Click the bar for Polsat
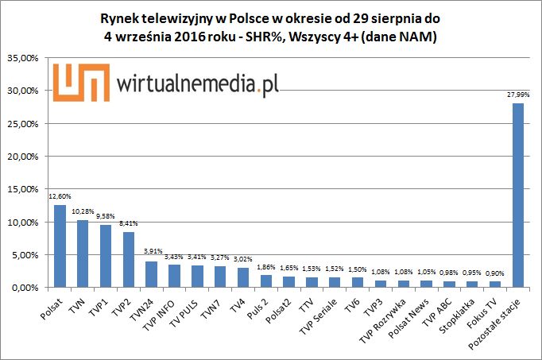60,246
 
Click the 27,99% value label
518,95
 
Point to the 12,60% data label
60,196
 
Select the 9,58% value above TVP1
106,216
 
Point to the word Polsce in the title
274,17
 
